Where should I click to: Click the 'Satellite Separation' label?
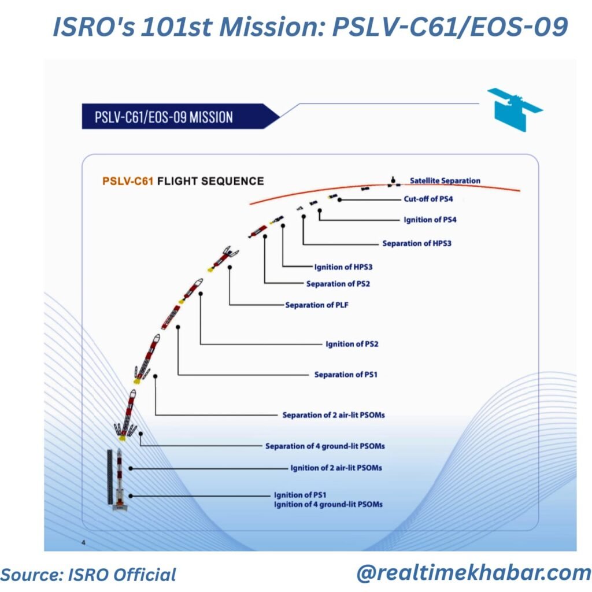pyautogui.click(x=445, y=181)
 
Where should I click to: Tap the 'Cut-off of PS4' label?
pyautogui.click(x=428, y=199)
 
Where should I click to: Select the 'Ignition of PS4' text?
pyautogui.click(x=430, y=220)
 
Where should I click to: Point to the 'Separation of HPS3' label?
pyautogui.click(x=417, y=243)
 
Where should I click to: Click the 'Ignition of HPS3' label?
pyautogui.click(x=343, y=267)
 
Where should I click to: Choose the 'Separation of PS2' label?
pyautogui.click(x=338, y=283)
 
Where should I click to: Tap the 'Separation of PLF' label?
pyautogui.click(x=316, y=305)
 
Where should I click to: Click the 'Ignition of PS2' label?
pyautogui.click(x=352, y=344)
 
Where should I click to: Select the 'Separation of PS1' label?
pyautogui.click(x=346, y=375)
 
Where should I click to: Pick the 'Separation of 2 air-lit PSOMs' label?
pyautogui.click(x=334, y=415)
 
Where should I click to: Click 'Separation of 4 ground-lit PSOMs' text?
pyautogui.click(x=325, y=446)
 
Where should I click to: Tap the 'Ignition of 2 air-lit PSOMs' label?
pyautogui.click(x=336, y=468)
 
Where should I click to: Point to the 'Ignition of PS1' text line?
pyautogui.click(x=300, y=495)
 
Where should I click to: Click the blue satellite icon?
pyautogui.click(x=514, y=109)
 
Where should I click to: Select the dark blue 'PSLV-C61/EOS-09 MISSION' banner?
pyautogui.click(x=180, y=116)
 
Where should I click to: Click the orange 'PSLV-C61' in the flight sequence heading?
pyautogui.click(x=128, y=181)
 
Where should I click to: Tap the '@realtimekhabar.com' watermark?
pyautogui.click(x=474, y=573)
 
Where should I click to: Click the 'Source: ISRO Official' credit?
pyautogui.click(x=88, y=575)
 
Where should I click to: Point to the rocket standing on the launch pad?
pyautogui.click(x=120, y=479)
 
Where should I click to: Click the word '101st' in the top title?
pyautogui.click(x=176, y=27)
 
